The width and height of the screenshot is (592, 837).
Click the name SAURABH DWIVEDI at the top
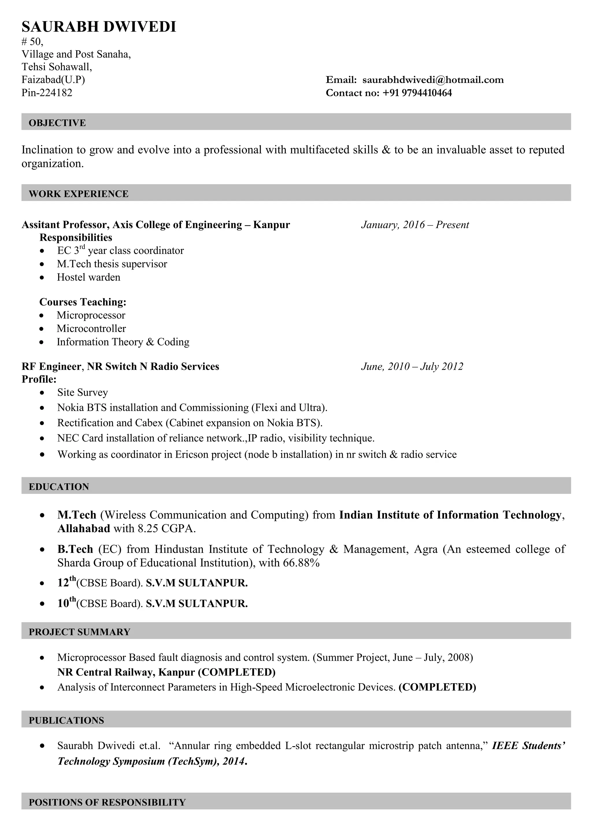click(x=99, y=27)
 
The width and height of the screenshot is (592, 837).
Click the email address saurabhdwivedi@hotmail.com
click(x=433, y=80)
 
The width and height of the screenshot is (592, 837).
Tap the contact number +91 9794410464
click(x=417, y=93)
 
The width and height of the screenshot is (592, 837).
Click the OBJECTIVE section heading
click(x=57, y=123)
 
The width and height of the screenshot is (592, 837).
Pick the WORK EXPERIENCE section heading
click(x=78, y=194)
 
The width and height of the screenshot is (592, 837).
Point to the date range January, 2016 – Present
click(x=415, y=225)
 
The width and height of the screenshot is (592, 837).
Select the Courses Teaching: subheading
click(x=83, y=302)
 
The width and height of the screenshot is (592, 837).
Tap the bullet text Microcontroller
click(x=91, y=328)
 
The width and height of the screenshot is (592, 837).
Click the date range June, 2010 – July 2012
click(x=412, y=366)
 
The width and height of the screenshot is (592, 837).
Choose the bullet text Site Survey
click(x=82, y=392)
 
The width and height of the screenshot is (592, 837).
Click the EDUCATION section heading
click(x=59, y=487)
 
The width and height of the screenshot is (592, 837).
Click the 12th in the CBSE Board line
click(x=66, y=582)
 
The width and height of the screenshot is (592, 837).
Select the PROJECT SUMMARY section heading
click(x=79, y=632)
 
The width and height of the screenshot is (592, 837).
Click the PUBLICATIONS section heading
click(x=66, y=720)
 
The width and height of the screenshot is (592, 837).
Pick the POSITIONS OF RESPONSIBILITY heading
click(x=107, y=802)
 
